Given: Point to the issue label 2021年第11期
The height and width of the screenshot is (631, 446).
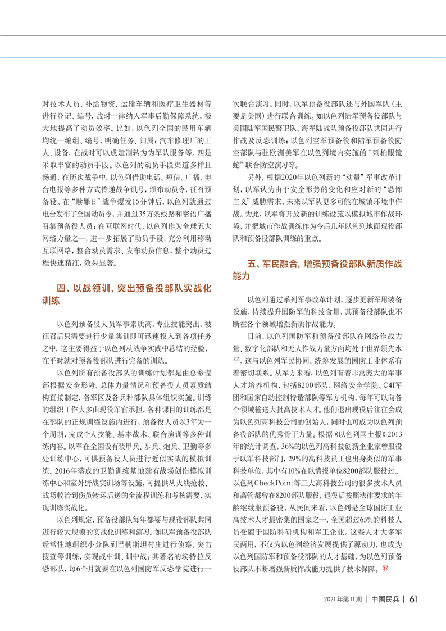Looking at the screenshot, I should pyautogui.click(x=342, y=600).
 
